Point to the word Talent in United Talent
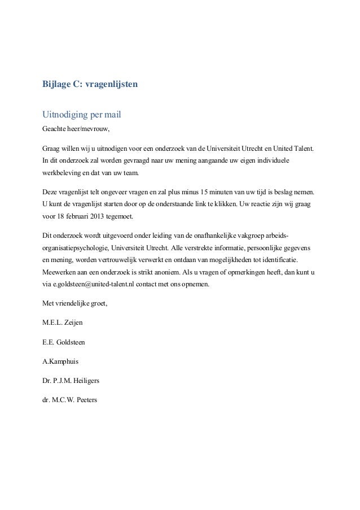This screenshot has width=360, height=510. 304,149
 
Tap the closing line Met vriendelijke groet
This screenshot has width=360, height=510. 75,304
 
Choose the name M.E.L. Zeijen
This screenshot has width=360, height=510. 65,323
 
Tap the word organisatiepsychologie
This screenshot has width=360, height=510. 77,247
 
